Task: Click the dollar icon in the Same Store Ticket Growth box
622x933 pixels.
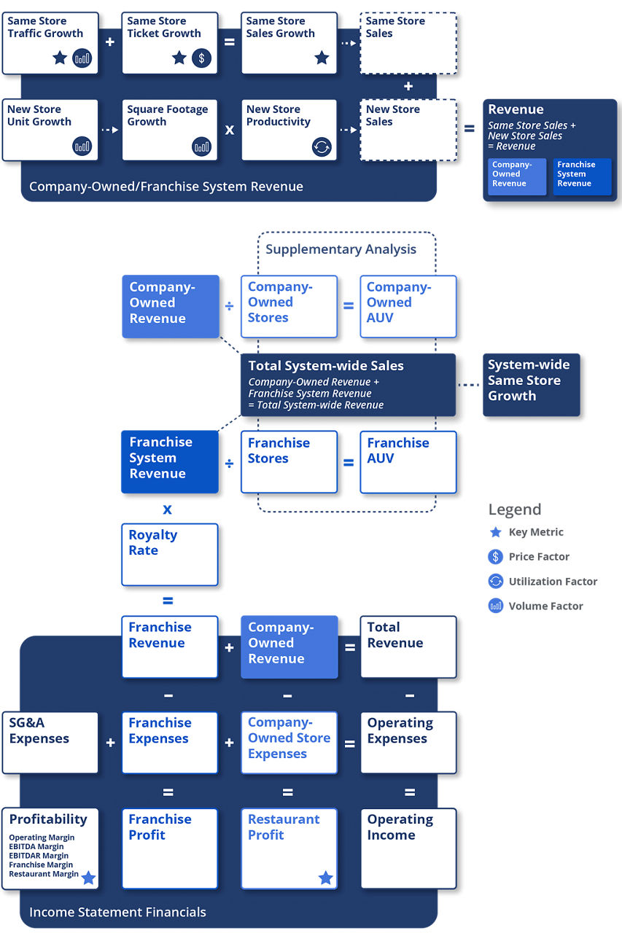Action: [202, 58]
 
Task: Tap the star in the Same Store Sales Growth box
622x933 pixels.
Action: [322, 58]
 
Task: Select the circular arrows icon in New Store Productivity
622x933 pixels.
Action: [322, 147]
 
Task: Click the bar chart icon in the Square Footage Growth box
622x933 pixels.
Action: [202, 147]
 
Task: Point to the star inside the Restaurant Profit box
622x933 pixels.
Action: [325, 878]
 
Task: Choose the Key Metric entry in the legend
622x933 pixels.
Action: [535, 532]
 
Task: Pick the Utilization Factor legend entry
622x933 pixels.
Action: [552, 582]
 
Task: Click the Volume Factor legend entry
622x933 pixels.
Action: [545, 606]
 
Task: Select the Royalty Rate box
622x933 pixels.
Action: [169, 554]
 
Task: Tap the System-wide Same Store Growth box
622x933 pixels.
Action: [531, 385]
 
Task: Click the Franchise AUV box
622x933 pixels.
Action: [408, 462]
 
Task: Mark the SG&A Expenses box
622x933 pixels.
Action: [50, 743]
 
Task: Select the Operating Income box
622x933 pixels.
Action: [408, 848]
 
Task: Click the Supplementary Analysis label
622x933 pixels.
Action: [341, 249]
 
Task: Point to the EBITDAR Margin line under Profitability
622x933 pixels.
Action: [39, 856]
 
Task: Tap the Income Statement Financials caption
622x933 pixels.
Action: [117, 912]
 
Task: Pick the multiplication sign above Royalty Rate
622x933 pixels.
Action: [168, 510]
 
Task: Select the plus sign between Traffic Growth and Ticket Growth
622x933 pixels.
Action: [110, 42]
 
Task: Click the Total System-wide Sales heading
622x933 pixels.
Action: [326, 366]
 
